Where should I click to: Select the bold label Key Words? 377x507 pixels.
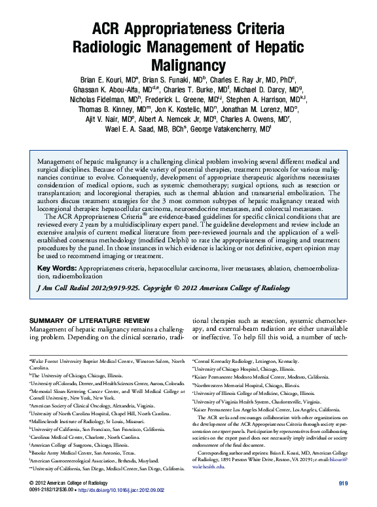[x=58, y=269]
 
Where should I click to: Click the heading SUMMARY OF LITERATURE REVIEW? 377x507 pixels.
[x=90, y=320]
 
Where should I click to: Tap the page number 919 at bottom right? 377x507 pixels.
[x=342, y=483]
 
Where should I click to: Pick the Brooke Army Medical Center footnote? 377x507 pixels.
[x=84, y=453]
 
